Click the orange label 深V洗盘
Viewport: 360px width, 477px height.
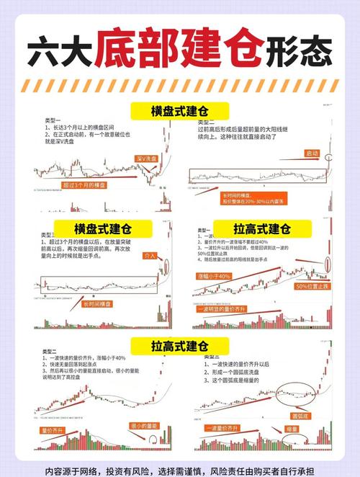(x=147, y=157)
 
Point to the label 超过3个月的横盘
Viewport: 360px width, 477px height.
(x=81, y=185)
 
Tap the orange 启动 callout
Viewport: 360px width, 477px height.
(x=312, y=153)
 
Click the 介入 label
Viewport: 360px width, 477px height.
(x=150, y=255)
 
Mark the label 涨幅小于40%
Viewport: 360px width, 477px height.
(x=214, y=276)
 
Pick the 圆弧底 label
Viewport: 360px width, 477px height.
(x=300, y=416)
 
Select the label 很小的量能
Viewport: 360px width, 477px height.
(x=145, y=426)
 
